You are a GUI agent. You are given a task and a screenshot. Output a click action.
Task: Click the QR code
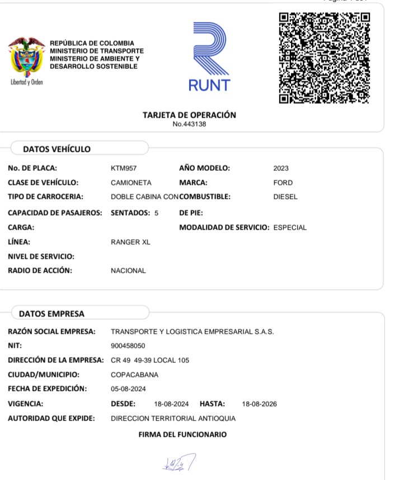click(x=325, y=57)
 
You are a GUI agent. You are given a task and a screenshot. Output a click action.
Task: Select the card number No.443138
click(x=190, y=124)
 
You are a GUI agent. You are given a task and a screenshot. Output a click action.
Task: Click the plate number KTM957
click(x=124, y=168)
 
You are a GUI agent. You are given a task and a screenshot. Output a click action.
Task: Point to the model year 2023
click(x=281, y=168)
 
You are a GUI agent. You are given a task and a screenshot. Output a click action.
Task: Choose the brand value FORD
click(x=283, y=183)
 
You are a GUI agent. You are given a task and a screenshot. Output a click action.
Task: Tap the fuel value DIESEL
click(x=285, y=197)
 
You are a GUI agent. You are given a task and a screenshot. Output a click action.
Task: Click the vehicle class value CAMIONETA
click(x=131, y=183)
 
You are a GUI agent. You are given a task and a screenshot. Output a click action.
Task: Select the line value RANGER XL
click(x=130, y=242)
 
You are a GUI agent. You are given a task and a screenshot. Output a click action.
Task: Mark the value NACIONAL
click(x=128, y=271)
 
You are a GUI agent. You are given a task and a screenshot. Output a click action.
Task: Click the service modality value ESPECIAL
click(x=290, y=227)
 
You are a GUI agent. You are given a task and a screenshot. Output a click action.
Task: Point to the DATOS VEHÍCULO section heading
click(x=57, y=149)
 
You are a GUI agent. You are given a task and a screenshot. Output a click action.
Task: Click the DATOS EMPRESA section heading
click(x=51, y=314)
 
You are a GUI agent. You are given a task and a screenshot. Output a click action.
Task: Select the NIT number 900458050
click(x=128, y=346)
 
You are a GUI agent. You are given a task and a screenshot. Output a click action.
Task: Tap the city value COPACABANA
click(x=134, y=375)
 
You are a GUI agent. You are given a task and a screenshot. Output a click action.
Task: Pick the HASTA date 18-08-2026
click(x=259, y=404)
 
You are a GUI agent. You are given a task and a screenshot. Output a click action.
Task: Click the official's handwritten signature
click(x=178, y=462)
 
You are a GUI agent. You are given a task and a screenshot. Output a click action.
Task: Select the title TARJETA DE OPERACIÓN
click(x=189, y=115)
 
